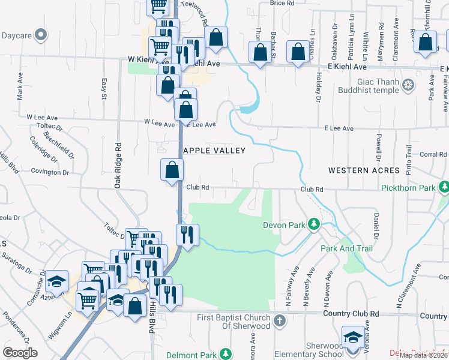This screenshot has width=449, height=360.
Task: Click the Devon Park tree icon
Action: [x=313, y=224]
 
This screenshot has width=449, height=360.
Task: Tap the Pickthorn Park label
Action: [x=408, y=188]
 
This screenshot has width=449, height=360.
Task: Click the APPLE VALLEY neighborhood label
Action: [x=214, y=151]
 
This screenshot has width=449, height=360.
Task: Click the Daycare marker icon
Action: [x=41, y=35]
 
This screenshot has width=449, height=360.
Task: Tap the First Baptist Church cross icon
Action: [x=279, y=320]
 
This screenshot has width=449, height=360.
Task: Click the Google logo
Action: [x=20, y=352]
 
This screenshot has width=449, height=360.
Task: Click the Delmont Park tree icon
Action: [x=225, y=355]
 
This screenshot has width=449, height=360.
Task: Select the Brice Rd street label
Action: [x=282, y=3]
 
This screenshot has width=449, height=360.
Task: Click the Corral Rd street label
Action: [x=433, y=154]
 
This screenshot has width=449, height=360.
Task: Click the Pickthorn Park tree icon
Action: [x=444, y=188]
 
